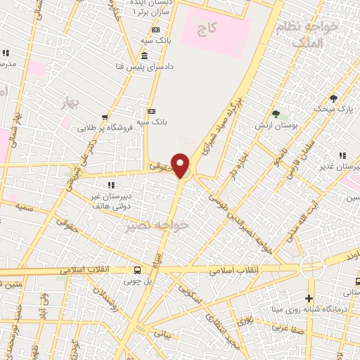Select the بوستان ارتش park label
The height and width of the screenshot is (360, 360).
click(x=276, y=125)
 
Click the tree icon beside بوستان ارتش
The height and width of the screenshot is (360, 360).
click(x=276, y=114)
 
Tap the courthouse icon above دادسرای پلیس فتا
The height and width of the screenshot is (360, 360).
click(x=144, y=56)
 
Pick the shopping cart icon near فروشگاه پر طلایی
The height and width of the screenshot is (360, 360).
click(x=105, y=117)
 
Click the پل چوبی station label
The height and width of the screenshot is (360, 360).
click(x=138, y=281)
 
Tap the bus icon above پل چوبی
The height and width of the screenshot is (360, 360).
click(x=138, y=270)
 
